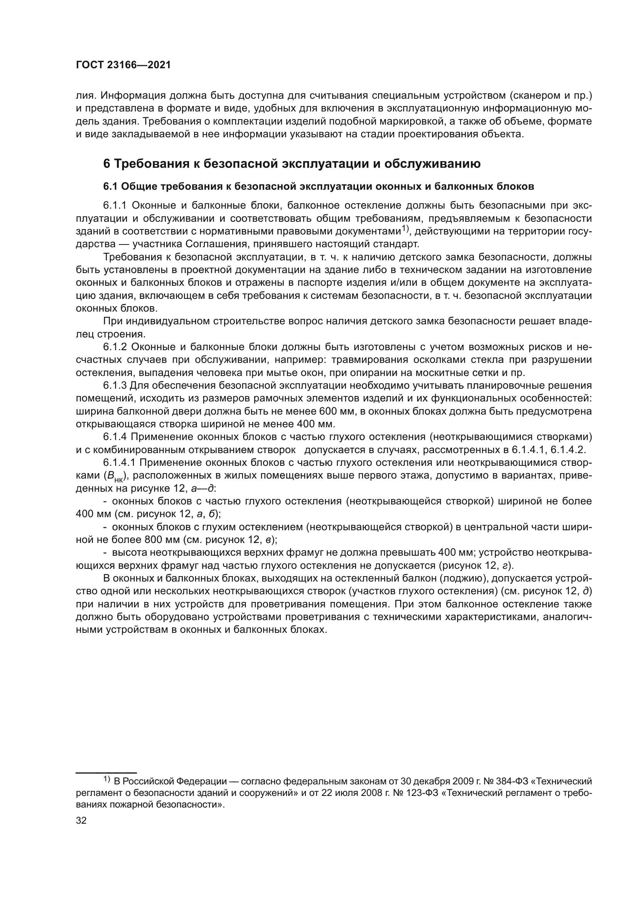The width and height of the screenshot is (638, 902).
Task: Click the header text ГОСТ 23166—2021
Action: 123,65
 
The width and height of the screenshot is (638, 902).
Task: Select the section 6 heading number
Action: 107,164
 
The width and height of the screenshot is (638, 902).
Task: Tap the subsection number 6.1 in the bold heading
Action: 110,187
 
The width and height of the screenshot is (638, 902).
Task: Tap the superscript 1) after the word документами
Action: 405,229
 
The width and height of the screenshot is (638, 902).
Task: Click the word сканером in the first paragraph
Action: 538,96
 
